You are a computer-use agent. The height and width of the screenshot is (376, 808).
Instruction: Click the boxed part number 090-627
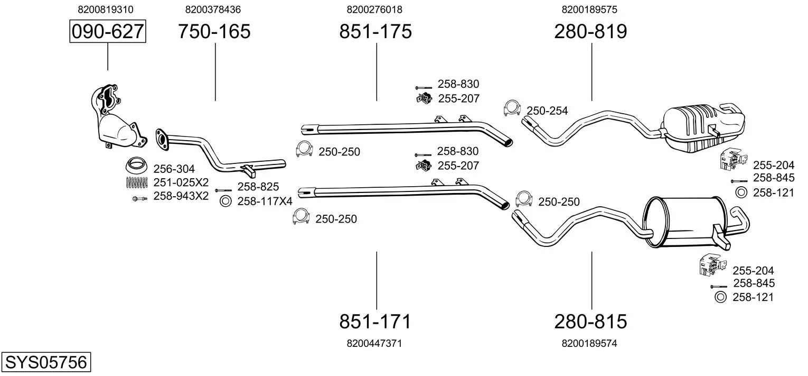point(108,32)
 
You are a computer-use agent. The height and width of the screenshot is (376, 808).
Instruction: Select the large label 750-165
point(214,32)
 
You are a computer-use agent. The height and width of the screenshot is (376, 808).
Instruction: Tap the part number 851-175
point(375,32)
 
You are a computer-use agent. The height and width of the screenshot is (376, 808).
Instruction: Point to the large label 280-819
point(591,32)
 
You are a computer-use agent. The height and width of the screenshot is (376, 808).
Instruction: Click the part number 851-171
point(375,321)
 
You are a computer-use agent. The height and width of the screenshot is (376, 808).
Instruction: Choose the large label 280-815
point(591,321)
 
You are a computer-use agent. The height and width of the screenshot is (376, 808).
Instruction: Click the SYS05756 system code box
point(46,362)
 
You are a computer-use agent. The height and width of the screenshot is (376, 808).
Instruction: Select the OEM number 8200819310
point(106,10)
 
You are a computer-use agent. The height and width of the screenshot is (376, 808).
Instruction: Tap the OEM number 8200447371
point(375,343)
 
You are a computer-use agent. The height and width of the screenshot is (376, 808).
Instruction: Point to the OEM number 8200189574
point(590,343)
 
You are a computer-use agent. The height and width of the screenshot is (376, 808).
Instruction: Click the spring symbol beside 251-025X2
point(137,182)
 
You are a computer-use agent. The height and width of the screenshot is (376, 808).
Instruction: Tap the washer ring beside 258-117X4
point(226,201)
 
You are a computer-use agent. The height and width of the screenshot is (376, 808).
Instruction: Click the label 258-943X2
point(181,196)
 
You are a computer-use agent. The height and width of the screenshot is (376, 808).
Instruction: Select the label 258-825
point(258,186)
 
